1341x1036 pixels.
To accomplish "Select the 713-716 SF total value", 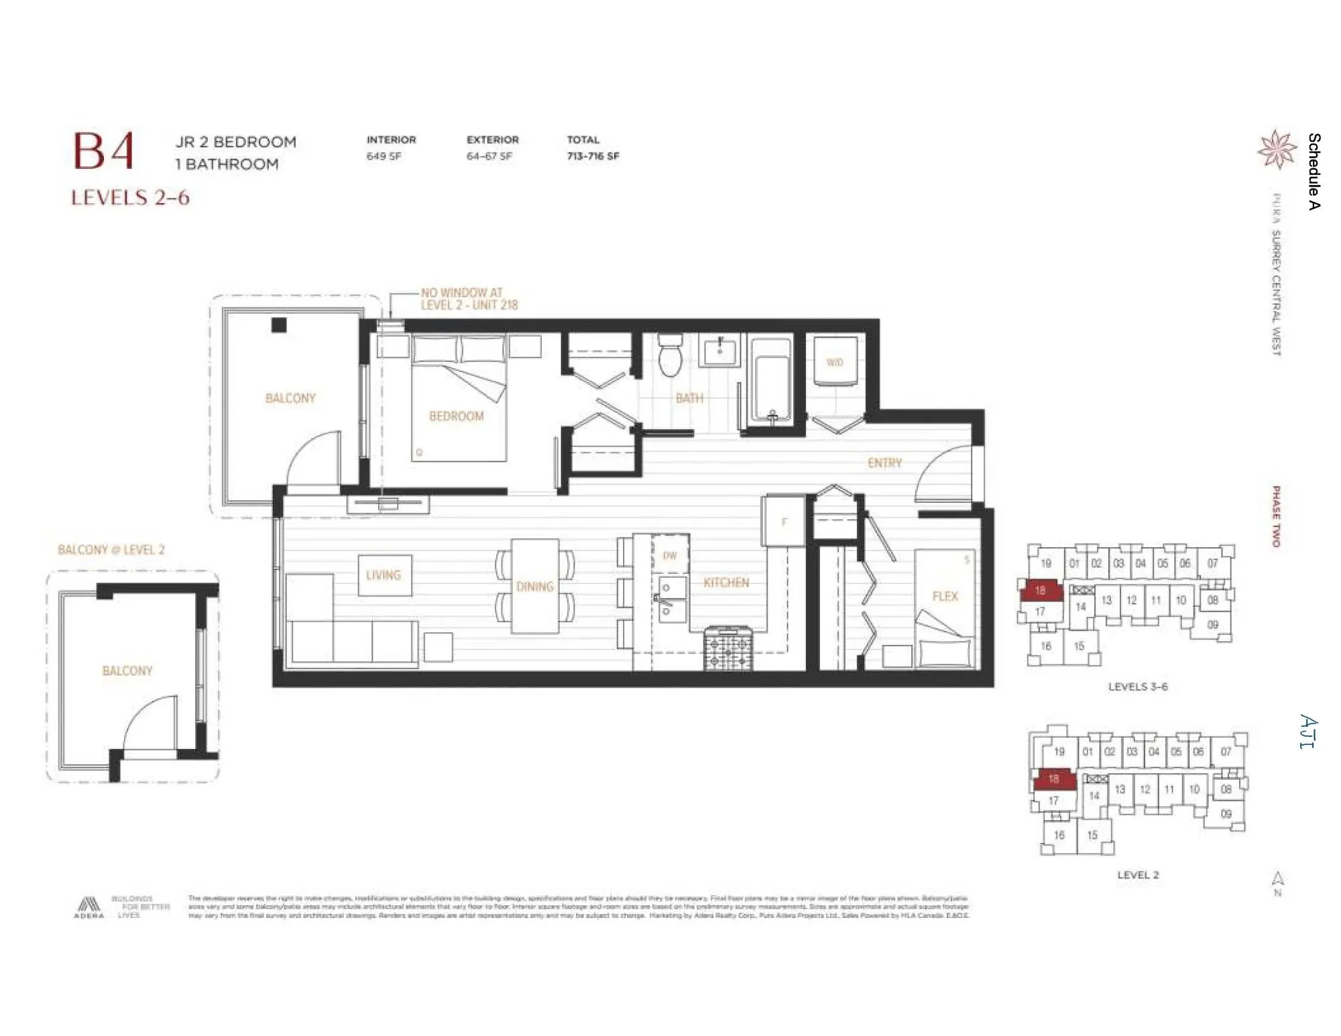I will [x=593, y=156].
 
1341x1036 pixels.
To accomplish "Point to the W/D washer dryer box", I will [x=835, y=363].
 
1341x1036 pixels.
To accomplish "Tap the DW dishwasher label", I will [x=670, y=555].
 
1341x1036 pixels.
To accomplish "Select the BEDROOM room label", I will [x=456, y=416].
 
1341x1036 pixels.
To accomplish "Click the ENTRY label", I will [x=884, y=463].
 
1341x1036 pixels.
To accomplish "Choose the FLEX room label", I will [x=945, y=596].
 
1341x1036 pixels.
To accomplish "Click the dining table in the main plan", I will [x=534, y=586].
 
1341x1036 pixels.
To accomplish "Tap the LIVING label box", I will [x=384, y=575].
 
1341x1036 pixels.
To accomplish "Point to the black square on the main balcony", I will [x=279, y=325].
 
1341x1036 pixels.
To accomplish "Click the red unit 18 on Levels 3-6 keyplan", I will [x=1040, y=590].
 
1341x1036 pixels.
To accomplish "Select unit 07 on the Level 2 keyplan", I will [x=1226, y=752].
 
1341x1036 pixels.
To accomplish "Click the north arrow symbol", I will [x=1278, y=880].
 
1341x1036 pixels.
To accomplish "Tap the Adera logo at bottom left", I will [x=89, y=907].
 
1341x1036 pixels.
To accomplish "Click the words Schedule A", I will [x=1314, y=171].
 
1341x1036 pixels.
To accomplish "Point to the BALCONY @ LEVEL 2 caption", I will [x=111, y=550].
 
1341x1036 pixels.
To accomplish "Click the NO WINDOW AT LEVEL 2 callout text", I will [x=469, y=298].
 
